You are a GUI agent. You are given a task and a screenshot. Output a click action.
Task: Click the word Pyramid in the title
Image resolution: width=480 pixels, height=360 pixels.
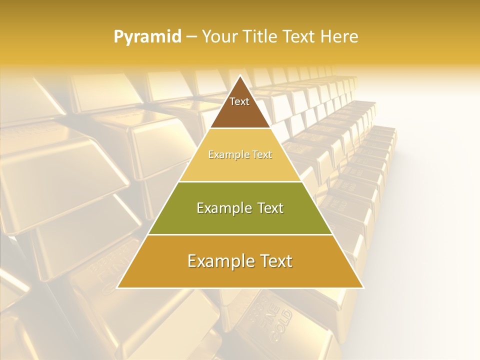click(147, 37)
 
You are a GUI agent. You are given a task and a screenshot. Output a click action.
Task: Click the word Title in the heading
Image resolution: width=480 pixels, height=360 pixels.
click(259, 37)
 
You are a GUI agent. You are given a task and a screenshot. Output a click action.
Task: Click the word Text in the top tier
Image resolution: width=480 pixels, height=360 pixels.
click(239, 101)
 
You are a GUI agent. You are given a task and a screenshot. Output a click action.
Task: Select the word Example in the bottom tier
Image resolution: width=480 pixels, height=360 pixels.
click(219, 261)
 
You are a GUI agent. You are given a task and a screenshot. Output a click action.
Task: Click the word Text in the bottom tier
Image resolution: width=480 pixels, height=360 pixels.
click(273, 261)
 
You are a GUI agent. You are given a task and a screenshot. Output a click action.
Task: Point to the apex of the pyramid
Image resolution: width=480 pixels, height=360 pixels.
click(240, 76)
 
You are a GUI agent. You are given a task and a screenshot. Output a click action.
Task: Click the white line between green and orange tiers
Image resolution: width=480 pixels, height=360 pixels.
click(240, 234)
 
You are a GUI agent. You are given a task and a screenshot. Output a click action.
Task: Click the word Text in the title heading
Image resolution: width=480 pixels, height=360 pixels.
click(298, 37)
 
